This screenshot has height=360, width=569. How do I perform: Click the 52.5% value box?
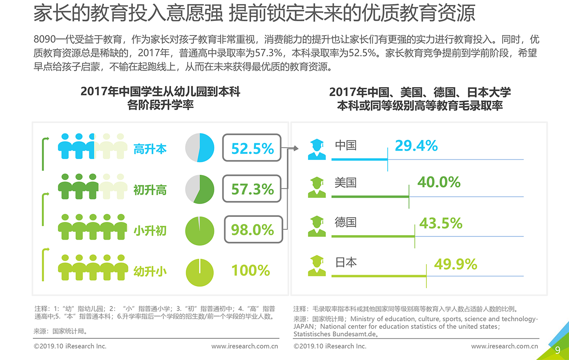point(252,148)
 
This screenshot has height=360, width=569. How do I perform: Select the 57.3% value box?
point(252,189)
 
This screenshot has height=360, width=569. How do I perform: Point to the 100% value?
point(251,270)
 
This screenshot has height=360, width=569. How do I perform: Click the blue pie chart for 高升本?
point(200,148)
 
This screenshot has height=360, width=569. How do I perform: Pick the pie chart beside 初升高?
point(200,189)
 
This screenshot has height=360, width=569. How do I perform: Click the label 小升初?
point(150,230)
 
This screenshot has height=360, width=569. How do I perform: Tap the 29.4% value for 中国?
point(416,146)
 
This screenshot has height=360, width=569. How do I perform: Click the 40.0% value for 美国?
point(439,182)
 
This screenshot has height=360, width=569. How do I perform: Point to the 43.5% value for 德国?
point(441,223)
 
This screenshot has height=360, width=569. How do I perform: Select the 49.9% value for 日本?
point(455,264)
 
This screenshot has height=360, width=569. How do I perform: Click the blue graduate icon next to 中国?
point(317,149)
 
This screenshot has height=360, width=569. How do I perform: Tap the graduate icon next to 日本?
point(317,265)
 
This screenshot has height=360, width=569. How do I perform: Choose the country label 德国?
point(345,222)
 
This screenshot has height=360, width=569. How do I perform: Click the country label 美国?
point(345,182)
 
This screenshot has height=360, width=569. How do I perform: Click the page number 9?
point(557,350)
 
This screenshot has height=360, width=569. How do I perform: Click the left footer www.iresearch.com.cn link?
point(244,346)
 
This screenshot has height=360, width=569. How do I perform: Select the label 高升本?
point(150,149)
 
